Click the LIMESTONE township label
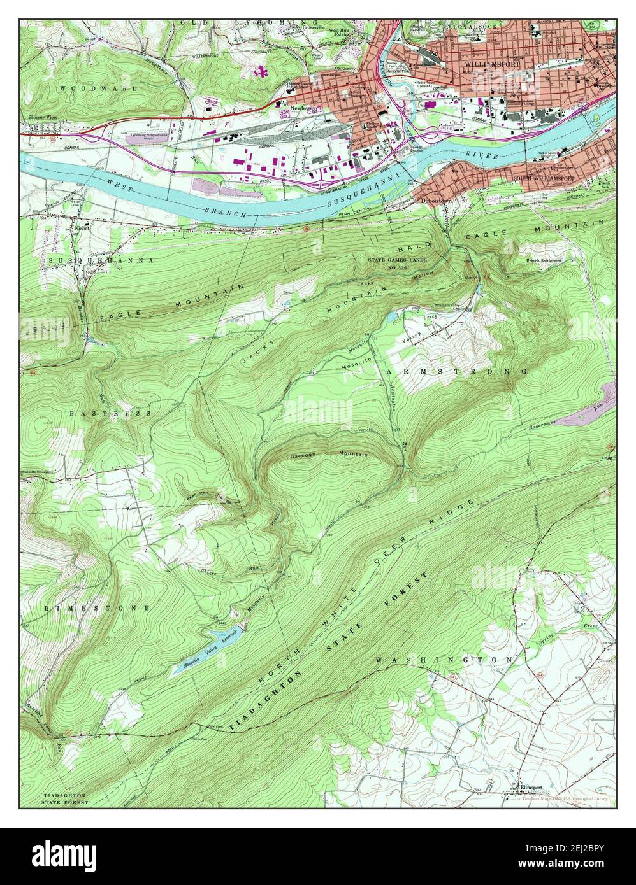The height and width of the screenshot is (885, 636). click(x=97, y=608)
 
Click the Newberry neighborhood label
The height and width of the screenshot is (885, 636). click(x=303, y=108)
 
